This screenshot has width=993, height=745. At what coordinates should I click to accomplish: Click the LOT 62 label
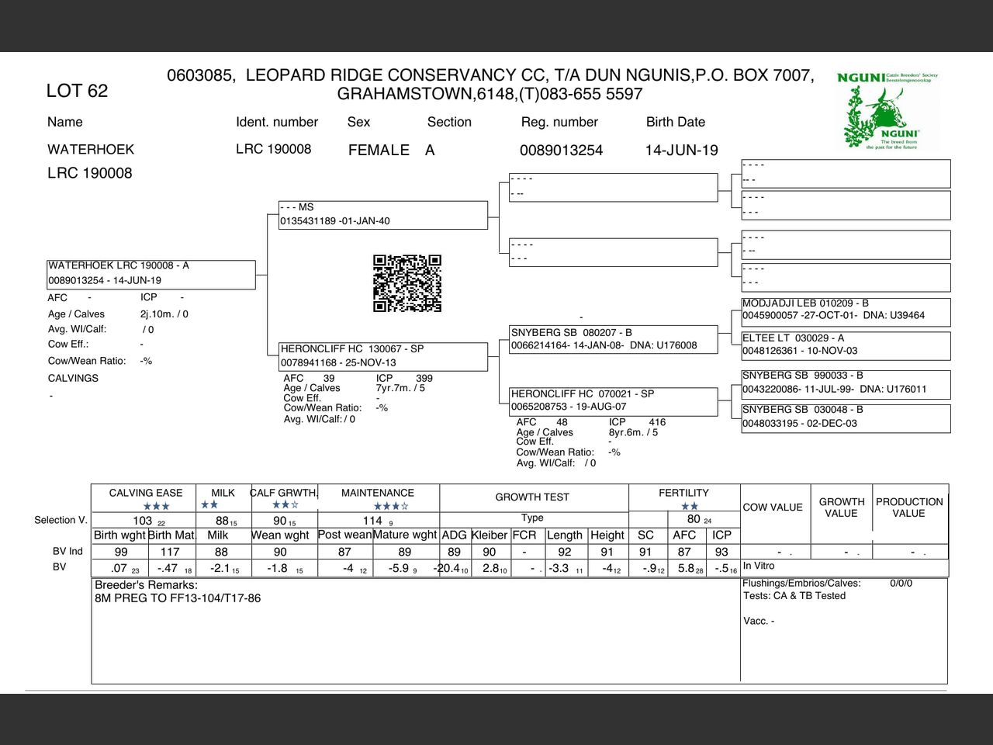[77, 91]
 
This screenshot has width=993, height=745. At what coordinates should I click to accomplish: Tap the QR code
[407, 283]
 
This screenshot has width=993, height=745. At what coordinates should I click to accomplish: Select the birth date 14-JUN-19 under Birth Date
[681, 151]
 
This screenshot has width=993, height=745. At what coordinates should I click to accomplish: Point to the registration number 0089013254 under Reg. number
[561, 151]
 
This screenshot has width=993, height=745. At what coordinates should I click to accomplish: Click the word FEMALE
[379, 151]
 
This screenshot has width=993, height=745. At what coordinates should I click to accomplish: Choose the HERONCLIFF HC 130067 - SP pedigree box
[383, 356]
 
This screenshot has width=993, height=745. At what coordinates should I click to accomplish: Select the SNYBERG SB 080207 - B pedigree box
[613, 339]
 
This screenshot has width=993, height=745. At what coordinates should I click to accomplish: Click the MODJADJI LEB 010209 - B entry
[845, 310]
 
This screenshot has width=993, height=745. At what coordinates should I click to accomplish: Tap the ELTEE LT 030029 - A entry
[845, 345]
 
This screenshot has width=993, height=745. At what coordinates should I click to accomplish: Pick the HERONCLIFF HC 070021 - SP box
[613, 400]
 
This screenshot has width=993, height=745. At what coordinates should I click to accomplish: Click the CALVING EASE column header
[146, 493]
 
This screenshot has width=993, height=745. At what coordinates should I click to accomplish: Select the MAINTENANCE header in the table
[378, 493]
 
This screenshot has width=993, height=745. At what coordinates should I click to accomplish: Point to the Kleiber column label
[489, 535]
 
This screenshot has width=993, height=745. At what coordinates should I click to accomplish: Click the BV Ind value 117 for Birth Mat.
[170, 552]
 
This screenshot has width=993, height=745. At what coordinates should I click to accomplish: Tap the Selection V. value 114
[373, 521]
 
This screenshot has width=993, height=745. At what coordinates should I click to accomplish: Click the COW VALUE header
[773, 508]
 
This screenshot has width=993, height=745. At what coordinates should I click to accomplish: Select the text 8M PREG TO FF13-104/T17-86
[178, 598]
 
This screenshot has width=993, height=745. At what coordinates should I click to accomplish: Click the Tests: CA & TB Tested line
[794, 596]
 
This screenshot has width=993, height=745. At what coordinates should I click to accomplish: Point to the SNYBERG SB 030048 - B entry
[845, 417]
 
